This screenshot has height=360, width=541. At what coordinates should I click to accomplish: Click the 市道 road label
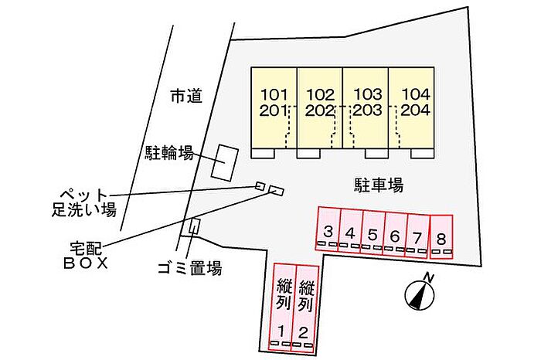[x=186, y=96]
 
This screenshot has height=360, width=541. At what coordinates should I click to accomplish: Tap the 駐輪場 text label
[x=168, y=153]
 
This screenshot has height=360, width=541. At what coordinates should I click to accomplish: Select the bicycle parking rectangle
[x=225, y=162]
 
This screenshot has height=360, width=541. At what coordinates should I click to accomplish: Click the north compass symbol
[x=420, y=293]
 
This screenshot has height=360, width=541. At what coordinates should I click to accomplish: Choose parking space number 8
[x=441, y=236]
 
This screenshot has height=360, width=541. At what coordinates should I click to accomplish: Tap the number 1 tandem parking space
[x=282, y=307]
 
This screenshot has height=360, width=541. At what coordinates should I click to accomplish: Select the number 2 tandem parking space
[x=305, y=308]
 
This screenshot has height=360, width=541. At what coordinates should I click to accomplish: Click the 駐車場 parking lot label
[x=379, y=185]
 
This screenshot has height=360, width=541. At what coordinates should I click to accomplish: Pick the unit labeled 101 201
[x=274, y=108]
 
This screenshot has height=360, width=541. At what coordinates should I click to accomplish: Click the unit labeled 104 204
[x=411, y=108]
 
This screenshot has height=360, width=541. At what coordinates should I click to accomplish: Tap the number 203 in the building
[x=367, y=110]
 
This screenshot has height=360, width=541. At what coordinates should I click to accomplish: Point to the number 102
[x=321, y=94]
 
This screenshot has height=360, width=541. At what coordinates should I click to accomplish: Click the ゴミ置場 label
[x=189, y=267]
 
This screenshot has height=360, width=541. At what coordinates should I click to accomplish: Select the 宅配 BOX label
[x=86, y=256]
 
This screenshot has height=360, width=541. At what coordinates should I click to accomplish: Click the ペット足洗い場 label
[x=83, y=202]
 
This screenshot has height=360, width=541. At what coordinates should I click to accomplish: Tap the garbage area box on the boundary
[x=193, y=227]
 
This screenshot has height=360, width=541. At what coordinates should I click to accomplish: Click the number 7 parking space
[x=417, y=236]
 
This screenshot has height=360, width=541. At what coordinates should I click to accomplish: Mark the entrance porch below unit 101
[x=263, y=154]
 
